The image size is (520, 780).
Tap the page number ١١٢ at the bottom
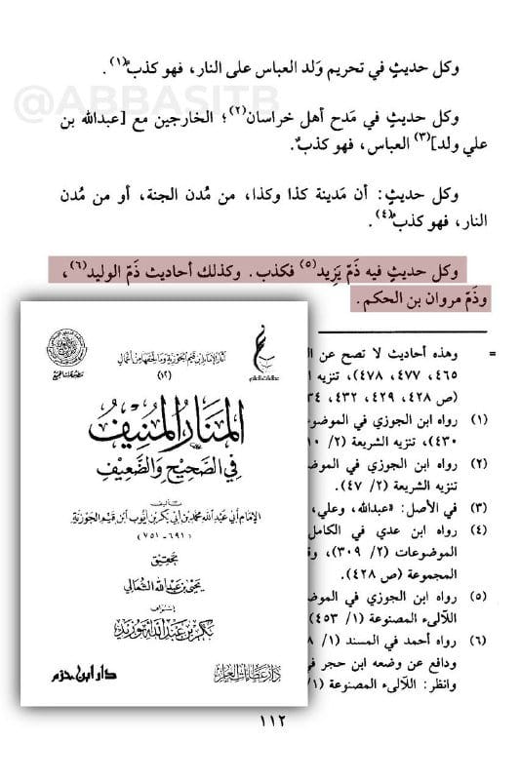(x=261, y=724)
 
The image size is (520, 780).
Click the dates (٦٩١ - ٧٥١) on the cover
(x=162, y=513)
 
